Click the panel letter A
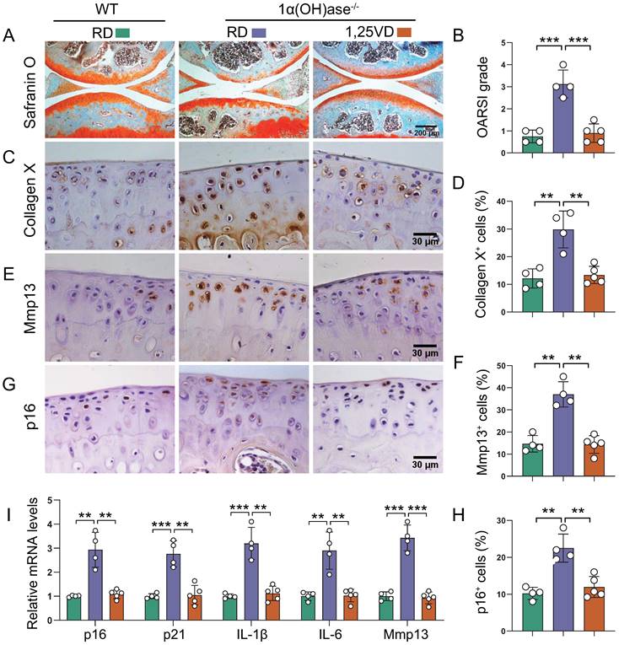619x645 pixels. (8, 37)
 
